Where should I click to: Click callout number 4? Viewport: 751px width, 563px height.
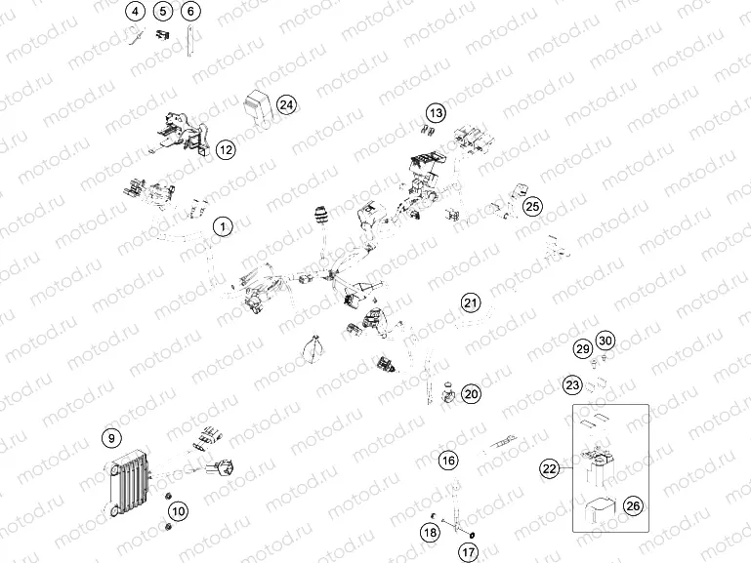tap(135, 12)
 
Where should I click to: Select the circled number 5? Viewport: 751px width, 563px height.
tap(162, 12)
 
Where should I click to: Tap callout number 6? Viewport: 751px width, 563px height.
tap(190, 12)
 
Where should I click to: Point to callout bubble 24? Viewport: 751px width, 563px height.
tap(285, 104)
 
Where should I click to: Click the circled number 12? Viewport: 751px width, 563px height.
tap(226, 149)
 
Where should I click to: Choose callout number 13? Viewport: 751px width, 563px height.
tap(436, 113)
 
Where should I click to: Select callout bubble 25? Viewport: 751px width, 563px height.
tap(531, 206)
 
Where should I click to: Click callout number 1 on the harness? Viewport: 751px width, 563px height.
tap(223, 227)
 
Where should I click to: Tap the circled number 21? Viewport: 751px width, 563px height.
tap(472, 302)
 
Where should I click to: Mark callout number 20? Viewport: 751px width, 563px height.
tap(472, 394)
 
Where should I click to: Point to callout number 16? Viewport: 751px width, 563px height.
tap(447, 460)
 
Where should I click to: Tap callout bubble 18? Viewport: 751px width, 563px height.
tap(430, 532)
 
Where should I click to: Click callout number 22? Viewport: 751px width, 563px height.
tap(549, 469)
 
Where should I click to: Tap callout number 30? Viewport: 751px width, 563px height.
tap(605, 341)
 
